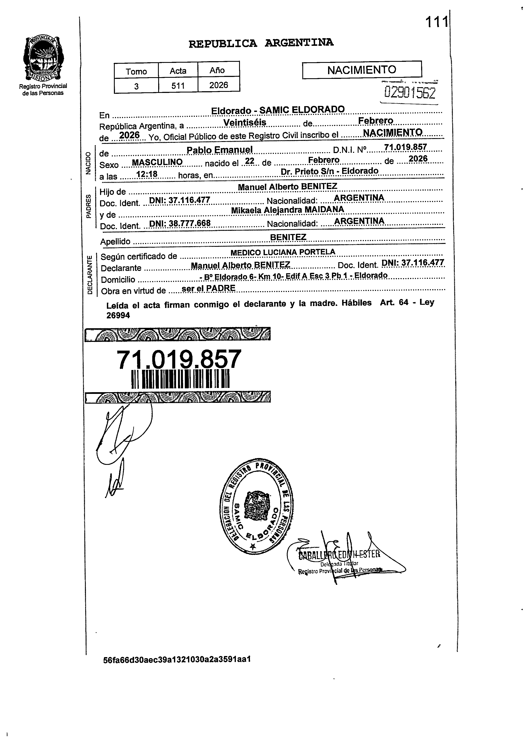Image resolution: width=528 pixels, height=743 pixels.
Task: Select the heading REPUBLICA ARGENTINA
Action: point(261,43)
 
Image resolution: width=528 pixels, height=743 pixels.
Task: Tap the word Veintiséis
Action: point(245,123)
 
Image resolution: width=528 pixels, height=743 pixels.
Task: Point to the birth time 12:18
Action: point(147,174)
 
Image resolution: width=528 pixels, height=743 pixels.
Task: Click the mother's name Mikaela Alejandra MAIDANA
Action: point(287,210)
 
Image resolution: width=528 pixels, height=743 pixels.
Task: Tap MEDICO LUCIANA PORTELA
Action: point(283,252)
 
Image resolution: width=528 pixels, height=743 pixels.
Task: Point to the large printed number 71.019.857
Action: point(179,360)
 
